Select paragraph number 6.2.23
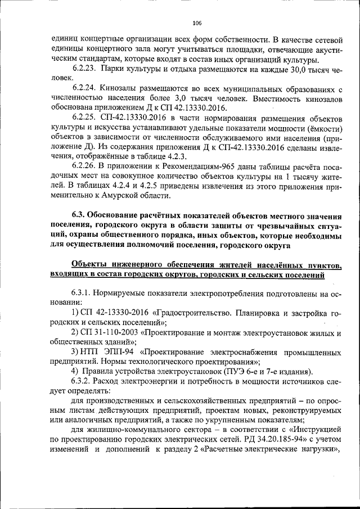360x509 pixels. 84,69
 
